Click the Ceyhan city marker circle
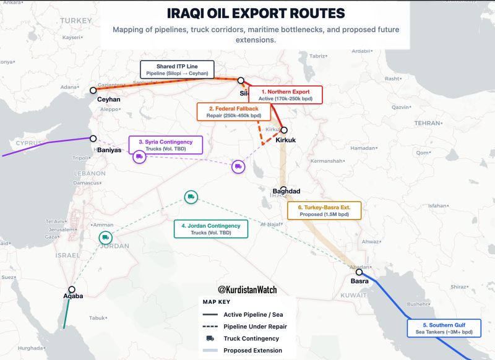[93, 90]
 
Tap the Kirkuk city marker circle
[284, 130]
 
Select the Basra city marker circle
[359, 272]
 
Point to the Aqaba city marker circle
[72, 289]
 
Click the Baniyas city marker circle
[93, 139]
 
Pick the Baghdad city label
[286, 191]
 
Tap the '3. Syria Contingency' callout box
[165, 145]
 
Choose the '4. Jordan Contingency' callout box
[210, 229]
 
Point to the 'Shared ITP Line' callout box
[177, 69]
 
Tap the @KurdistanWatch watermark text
[247, 289]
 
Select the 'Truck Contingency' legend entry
[251, 338]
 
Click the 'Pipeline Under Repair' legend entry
[255, 326]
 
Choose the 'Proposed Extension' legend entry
[252, 350]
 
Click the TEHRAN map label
[426, 124]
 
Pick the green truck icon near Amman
[105, 237]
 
